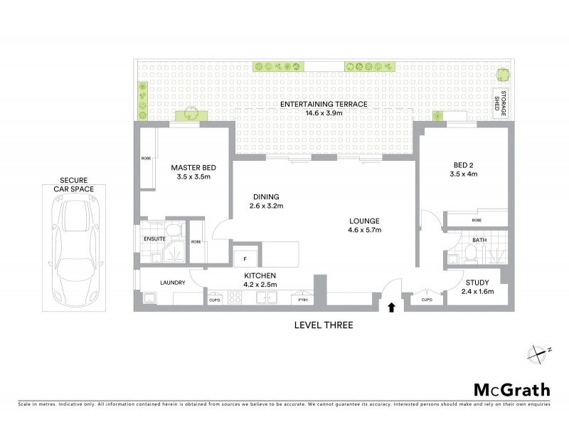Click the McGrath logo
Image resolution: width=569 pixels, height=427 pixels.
coord(511,389)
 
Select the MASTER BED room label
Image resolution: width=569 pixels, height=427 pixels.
coord(193,168)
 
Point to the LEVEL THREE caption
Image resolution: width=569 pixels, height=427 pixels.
coord(324,325)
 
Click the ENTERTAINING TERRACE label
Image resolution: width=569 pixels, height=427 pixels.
coord(324,104)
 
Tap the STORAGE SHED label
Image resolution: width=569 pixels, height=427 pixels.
coord(502,105)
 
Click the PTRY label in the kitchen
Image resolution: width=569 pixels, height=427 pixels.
coord(304,300)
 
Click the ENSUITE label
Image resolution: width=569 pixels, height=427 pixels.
coord(154,239)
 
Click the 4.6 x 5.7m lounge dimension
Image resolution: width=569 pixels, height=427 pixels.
coord(364,230)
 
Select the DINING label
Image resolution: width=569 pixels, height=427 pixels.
coord(267,197)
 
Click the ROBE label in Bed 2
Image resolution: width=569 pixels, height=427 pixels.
coord(476,220)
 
